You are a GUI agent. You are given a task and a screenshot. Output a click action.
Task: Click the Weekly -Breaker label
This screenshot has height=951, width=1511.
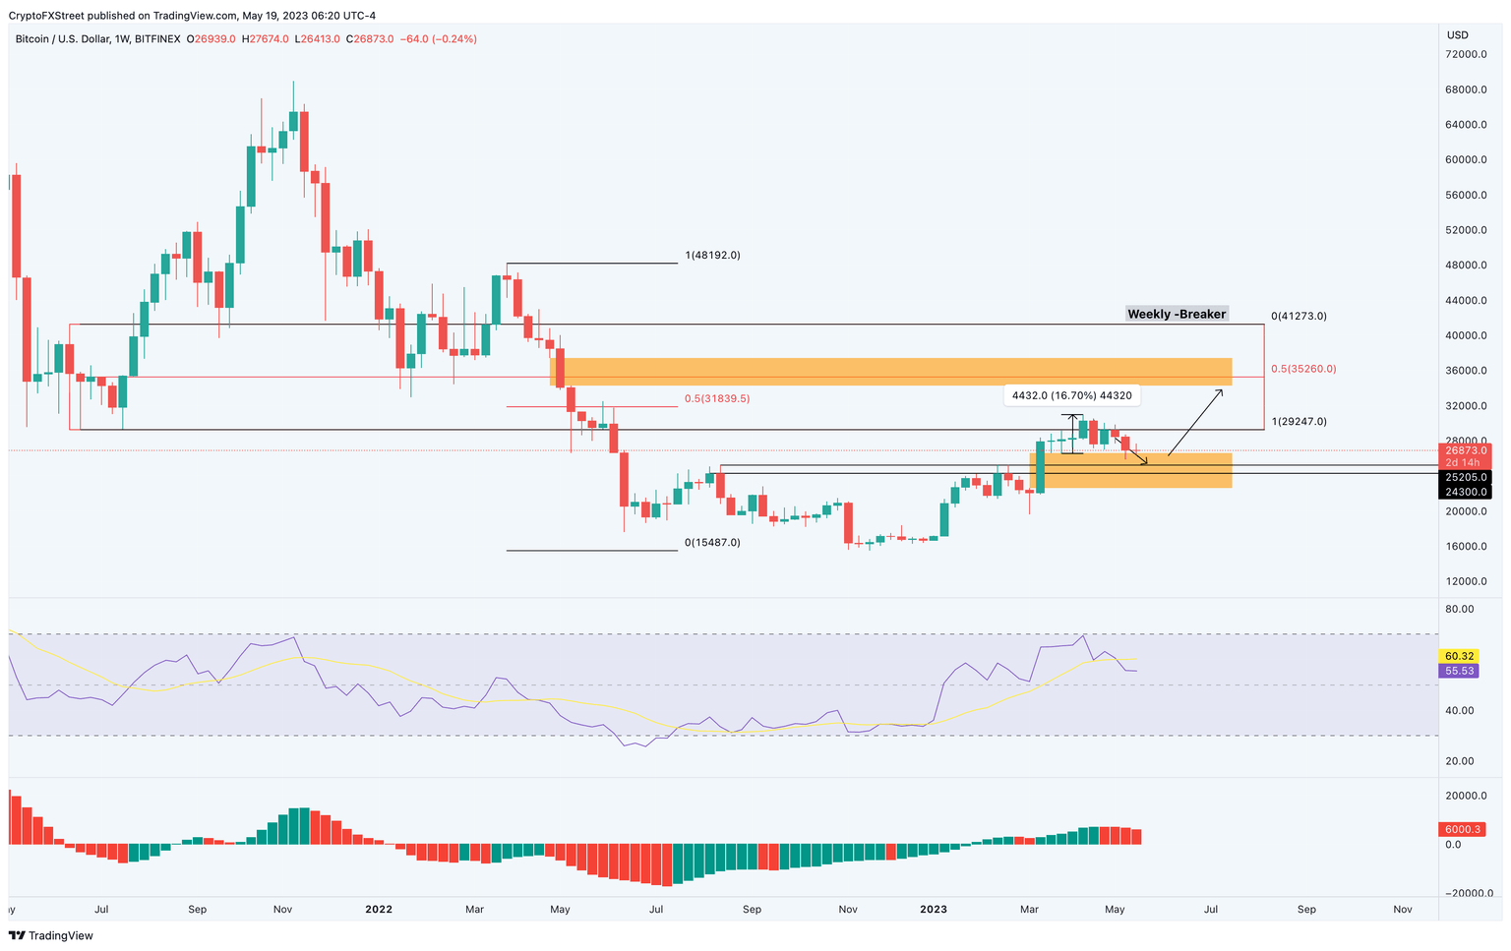[1177, 314]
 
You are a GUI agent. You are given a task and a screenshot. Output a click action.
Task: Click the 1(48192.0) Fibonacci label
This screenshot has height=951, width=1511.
[712, 255]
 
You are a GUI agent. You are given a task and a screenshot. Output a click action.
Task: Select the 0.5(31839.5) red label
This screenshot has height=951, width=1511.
[716, 398]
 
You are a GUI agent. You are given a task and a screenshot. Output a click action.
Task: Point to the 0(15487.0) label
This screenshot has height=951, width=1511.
[712, 542]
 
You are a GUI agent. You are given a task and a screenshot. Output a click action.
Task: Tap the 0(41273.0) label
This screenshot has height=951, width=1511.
[1299, 316]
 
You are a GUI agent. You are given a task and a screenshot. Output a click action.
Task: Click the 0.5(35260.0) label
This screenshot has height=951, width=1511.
[1303, 369]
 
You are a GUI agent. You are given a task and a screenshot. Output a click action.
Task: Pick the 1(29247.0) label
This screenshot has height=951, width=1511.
[1299, 421]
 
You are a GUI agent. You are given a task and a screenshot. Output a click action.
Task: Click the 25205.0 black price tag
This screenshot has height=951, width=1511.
[1465, 477]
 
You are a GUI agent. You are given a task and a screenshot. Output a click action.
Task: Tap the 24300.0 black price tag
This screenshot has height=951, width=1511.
[1465, 492]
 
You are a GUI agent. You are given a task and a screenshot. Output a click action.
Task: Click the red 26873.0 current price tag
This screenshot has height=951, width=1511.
[1465, 449]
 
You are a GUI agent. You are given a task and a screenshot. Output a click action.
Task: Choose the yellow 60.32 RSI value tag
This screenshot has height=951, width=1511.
[1457, 656]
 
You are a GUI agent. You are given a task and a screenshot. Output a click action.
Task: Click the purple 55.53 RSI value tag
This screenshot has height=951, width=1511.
[1457, 671]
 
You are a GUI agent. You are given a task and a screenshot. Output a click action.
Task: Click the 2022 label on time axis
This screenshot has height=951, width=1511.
[379, 909]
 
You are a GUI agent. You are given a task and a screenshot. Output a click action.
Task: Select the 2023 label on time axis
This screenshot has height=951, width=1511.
[934, 909]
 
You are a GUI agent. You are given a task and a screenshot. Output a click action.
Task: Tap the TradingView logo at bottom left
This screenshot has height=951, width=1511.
[50, 935]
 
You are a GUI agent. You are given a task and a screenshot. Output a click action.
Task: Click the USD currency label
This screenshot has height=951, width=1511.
[1457, 35]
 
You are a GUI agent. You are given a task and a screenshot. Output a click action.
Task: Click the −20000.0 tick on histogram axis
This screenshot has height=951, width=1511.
[1461, 893]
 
